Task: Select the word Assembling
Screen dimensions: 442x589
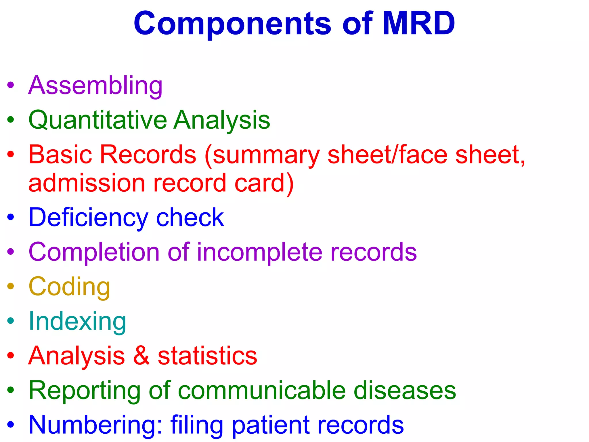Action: (x=95, y=85)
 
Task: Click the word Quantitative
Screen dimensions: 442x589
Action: (x=98, y=120)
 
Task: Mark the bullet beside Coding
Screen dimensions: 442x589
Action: (x=11, y=286)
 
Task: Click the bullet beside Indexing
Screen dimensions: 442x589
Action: (x=11, y=321)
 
